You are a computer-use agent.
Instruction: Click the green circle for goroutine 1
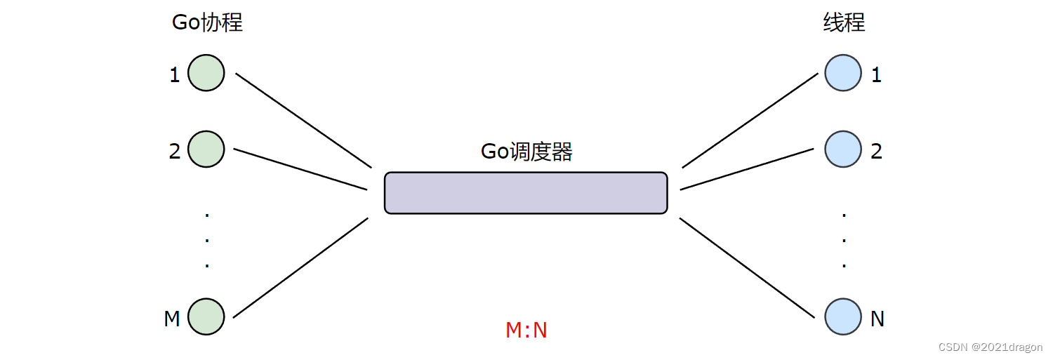[x=206, y=73]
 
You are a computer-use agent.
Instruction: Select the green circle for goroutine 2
[x=206, y=149]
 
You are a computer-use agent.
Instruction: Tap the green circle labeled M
[x=206, y=316]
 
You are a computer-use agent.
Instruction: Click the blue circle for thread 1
[x=842, y=73]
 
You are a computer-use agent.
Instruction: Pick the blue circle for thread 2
[x=842, y=149]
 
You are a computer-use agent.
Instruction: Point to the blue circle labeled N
[x=842, y=316]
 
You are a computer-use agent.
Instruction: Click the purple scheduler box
[x=526, y=193]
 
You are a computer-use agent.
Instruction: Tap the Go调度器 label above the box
[x=526, y=152]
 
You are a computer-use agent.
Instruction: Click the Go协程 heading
[x=207, y=22]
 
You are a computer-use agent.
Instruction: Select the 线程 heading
[x=844, y=22]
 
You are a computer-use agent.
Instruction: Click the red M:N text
[x=526, y=330]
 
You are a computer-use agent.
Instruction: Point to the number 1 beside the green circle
[x=175, y=75]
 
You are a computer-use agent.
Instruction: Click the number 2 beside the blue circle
[x=876, y=151]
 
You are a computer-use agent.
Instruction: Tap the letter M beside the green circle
[x=172, y=319]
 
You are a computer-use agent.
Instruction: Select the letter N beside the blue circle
[x=877, y=319]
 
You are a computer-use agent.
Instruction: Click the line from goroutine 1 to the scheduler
[x=303, y=120]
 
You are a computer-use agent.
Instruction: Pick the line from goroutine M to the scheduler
[x=300, y=267]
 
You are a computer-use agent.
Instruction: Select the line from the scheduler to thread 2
[x=747, y=168]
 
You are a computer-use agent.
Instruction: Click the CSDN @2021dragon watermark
[x=991, y=347]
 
